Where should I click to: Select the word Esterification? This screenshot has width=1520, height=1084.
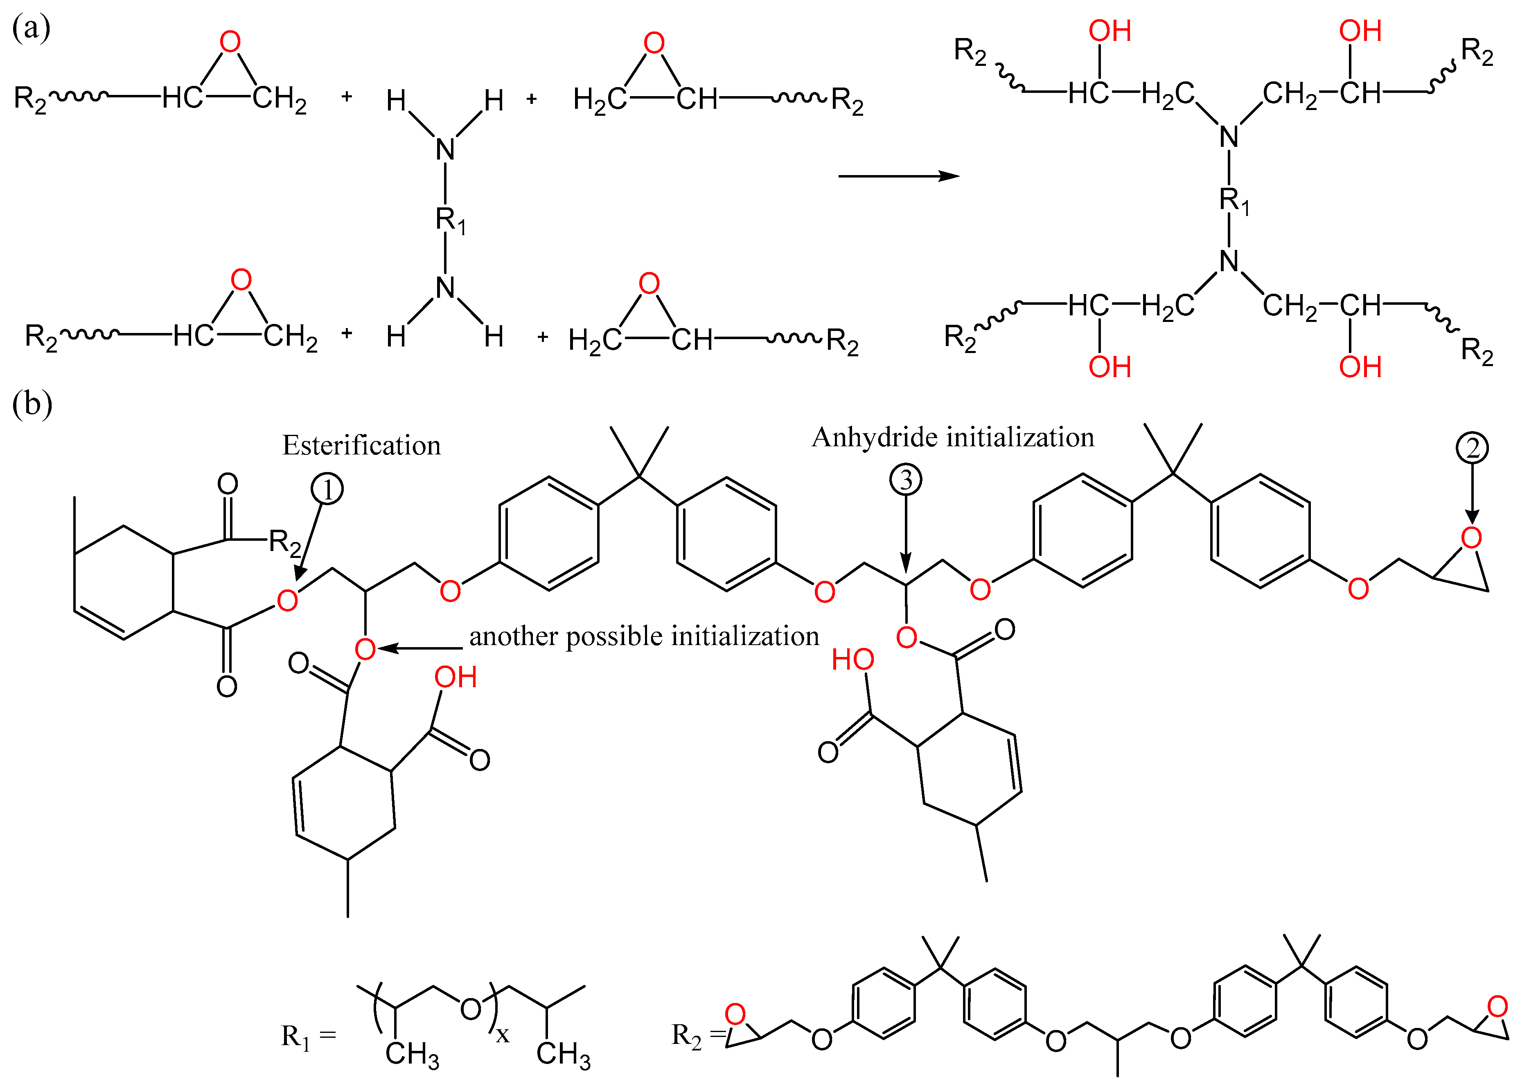point(361,445)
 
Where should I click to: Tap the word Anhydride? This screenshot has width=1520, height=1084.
point(875,438)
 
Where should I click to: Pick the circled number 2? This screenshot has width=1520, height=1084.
point(1472,448)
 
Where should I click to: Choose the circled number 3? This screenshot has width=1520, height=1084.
point(906,479)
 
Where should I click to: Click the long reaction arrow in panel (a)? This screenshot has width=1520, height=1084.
point(898,176)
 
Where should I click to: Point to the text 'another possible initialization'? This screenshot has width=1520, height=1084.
point(644,636)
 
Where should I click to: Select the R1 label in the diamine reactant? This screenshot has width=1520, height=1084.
point(450,220)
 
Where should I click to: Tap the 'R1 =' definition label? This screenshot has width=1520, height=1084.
point(308,1037)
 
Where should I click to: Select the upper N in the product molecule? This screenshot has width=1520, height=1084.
point(1229,137)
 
